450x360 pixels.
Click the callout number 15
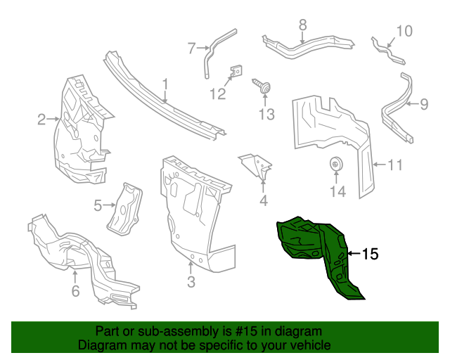370,254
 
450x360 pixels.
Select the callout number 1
165,86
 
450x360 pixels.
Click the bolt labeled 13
265,89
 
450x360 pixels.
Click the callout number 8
302,25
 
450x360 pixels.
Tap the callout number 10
403,31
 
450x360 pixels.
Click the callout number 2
41,120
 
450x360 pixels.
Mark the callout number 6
75,291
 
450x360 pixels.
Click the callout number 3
191,283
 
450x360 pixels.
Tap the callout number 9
423,105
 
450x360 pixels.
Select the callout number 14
337,191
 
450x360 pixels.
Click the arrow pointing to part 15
354,254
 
